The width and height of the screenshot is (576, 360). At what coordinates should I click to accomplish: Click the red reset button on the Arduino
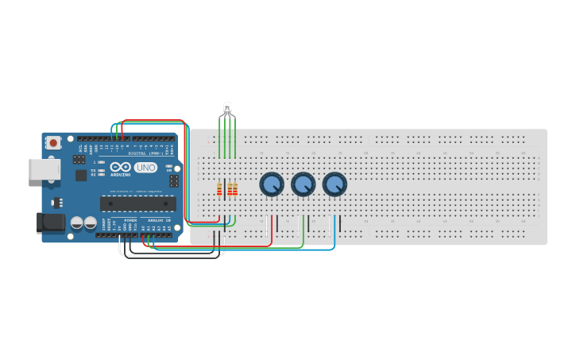(53, 143)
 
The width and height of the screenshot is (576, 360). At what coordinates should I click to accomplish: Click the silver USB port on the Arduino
(44, 168)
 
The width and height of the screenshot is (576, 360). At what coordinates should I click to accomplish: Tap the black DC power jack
(50, 222)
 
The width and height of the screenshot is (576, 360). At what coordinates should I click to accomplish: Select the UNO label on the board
(145, 168)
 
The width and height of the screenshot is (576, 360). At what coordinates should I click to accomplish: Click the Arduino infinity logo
(121, 167)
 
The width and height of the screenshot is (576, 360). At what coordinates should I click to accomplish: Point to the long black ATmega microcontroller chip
(137, 203)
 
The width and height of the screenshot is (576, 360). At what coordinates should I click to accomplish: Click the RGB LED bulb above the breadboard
(227, 109)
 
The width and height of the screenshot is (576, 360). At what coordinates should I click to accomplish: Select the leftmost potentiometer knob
(272, 184)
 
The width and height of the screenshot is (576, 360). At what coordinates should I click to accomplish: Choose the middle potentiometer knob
(303, 184)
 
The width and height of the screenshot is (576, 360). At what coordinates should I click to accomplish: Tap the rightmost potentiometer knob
(334, 184)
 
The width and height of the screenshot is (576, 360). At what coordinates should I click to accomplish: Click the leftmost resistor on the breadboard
(220, 189)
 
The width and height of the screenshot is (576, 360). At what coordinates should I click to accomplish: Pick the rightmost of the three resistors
(235, 189)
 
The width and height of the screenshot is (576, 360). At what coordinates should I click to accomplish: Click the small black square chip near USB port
(80, 175)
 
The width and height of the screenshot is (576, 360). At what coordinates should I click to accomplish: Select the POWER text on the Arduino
(130, 220)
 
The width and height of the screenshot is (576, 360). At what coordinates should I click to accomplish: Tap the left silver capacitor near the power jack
(77, 223)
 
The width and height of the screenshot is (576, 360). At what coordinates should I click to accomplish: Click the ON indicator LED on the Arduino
(169, 168)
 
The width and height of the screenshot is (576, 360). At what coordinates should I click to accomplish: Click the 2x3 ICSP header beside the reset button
(79, 159)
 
